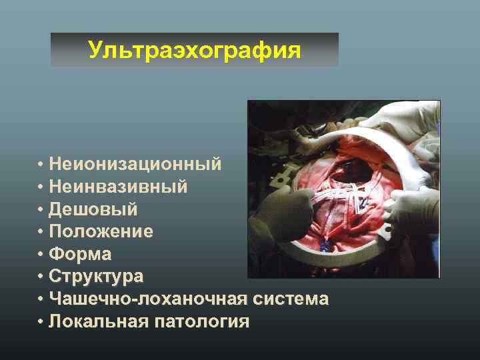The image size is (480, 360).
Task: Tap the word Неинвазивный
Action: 122,187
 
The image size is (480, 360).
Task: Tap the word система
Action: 291,299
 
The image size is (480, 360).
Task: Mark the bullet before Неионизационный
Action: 41,165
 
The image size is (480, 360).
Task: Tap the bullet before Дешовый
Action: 41,210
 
